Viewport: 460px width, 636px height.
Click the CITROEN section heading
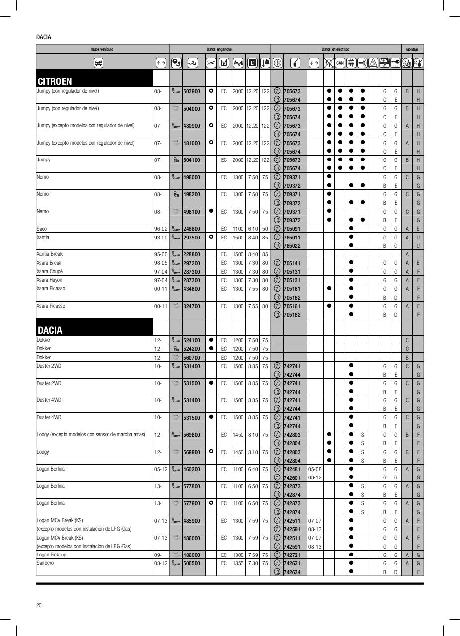point(55,81)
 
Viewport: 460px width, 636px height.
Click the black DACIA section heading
point(50,330)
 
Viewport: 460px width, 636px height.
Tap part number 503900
point(191,91)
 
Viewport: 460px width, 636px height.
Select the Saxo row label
point(42,229)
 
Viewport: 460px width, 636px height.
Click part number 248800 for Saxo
point(191,229)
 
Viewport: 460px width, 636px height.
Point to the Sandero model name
point(45,563)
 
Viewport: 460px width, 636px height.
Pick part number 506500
point(191,563)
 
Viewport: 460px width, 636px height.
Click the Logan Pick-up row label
point(51,555)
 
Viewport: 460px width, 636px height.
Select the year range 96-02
point(161,229)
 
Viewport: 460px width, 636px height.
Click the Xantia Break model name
point(50,254)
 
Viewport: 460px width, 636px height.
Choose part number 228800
point(191,254)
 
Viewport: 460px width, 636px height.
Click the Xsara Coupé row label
point(50,271)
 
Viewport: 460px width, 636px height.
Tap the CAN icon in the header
point(340,63)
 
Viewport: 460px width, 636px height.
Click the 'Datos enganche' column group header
point(219,49)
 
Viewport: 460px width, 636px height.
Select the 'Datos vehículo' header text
point(102,49)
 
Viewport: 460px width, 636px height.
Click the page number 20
point(39,605)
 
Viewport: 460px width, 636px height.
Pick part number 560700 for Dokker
point(191,358)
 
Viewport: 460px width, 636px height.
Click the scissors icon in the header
point(211,63)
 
